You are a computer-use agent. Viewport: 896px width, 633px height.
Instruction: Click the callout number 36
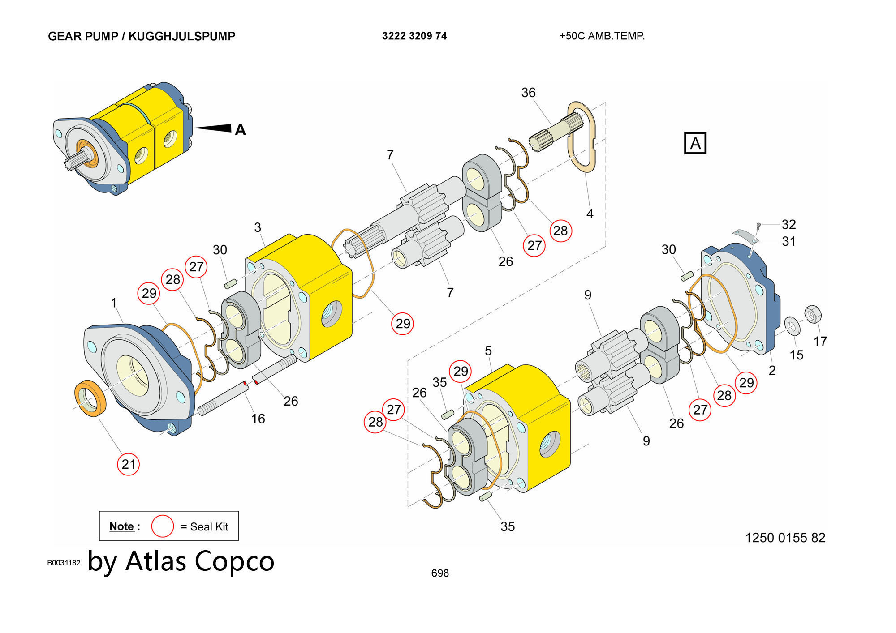click(528, 93)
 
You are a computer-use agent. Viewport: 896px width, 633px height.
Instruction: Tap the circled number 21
click(128, 464)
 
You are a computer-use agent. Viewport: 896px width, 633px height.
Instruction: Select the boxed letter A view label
click(695, 143)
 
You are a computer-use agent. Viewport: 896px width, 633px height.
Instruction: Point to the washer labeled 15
click(792, 325)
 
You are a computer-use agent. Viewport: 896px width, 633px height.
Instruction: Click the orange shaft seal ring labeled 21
click(90, 398)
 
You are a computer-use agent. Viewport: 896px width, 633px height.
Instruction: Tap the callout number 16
click(258, 419)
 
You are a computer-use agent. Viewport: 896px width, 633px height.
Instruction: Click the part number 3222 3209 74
click(414, 36)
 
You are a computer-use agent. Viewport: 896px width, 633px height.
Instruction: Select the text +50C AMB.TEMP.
click(602, 36)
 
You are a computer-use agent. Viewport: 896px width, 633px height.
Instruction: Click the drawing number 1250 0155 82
click(785, 538)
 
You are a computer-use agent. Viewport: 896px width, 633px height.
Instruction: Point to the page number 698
click(440, 573)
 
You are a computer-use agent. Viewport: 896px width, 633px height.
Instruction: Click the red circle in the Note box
click(162, 526)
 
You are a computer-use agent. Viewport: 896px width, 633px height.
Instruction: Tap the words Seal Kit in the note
click(209, 527)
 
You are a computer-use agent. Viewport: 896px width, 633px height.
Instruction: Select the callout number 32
click(788, 224)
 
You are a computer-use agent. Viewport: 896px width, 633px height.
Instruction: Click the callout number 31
click(788, 241)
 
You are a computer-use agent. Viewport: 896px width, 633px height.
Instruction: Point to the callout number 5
click(488, 351)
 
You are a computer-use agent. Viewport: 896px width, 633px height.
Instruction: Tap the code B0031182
click(64, 563)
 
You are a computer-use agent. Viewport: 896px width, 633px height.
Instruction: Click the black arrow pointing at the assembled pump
click(212, 128)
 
